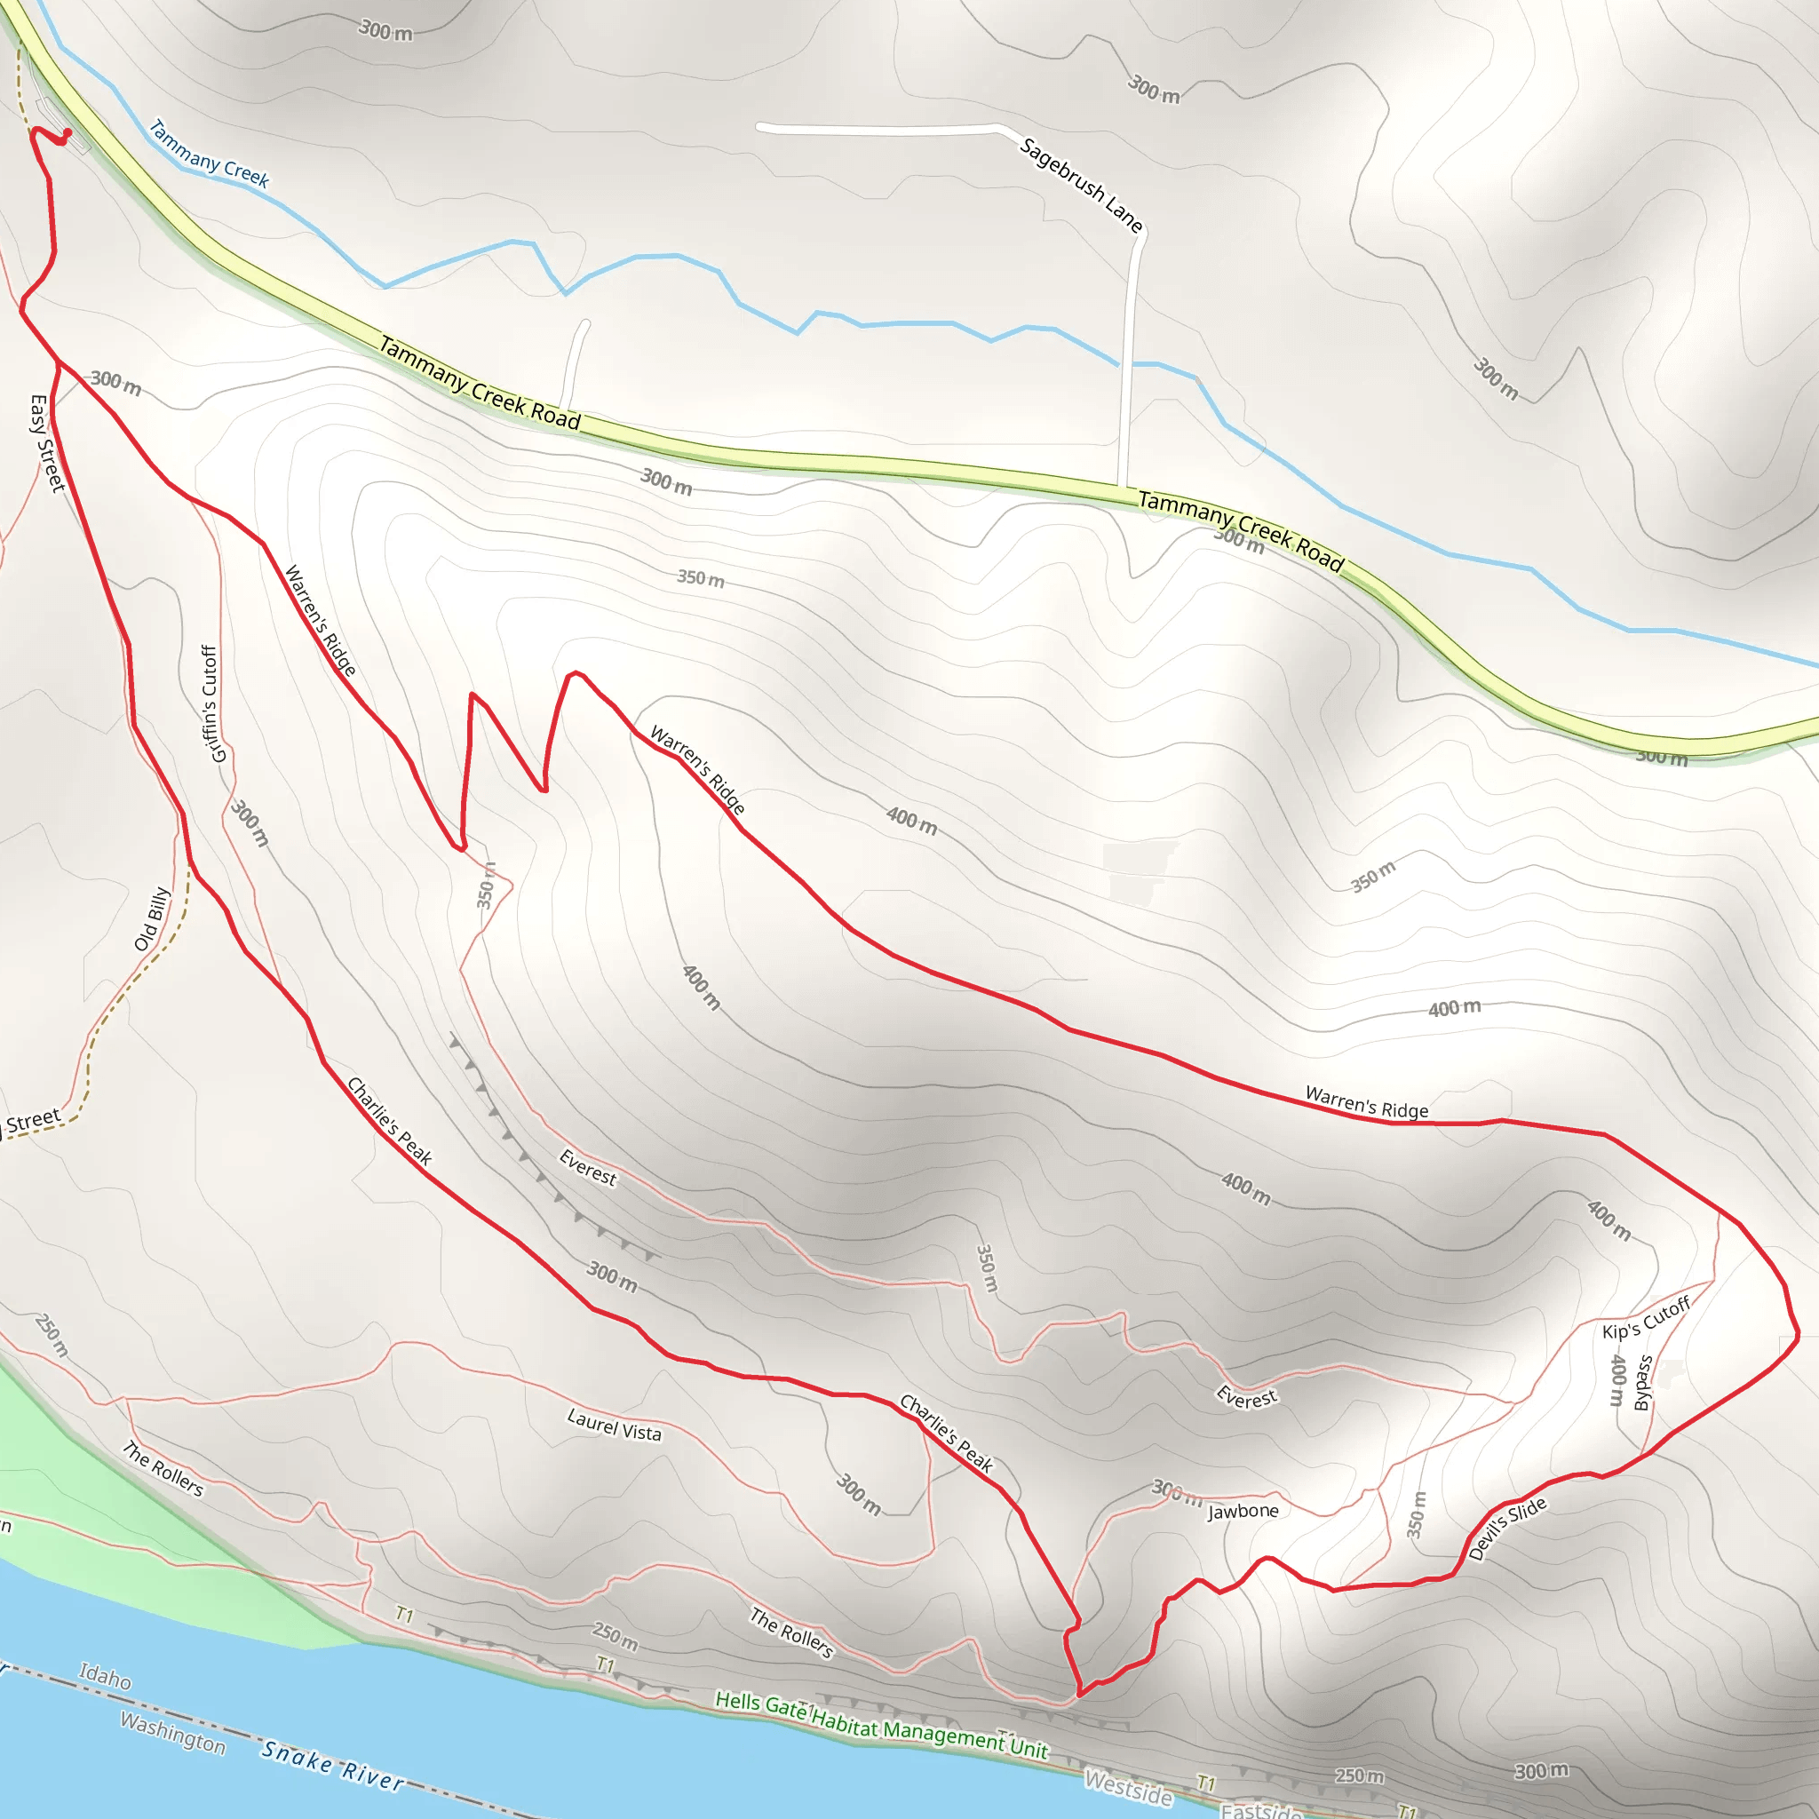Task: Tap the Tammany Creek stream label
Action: click(208, 154)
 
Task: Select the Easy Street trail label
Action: click(46, 442)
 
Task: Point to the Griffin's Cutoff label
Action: click(212, 703)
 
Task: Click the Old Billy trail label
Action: click(152, 918)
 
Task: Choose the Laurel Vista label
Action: click(614, 1425)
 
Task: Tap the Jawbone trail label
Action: click(1243, 1510)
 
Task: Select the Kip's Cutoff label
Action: click(1647, 1317)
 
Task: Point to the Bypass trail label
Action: click(1643, 1382)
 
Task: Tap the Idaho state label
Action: click(105, 1676)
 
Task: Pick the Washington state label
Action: click(172, 1732)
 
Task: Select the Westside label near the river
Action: click(1128, 1788)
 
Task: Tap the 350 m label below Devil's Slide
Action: click(1416, 1514)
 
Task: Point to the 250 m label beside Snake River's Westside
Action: click(1359, 1775)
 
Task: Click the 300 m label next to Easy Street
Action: click(115, 382)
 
